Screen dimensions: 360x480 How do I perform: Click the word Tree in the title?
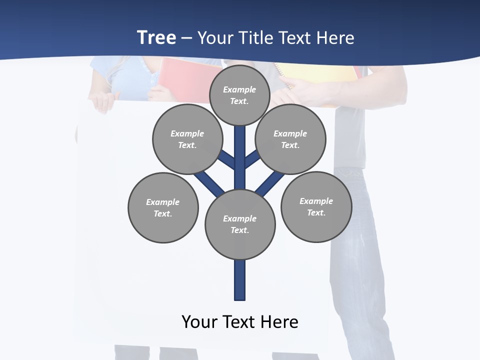pos(156,37)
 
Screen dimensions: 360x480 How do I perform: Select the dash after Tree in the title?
pos(186,38)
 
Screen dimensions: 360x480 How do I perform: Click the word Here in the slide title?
pos(336,38)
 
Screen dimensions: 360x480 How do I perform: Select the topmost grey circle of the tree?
pos(239,95)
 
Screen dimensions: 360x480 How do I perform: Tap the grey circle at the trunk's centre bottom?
pos(240,224)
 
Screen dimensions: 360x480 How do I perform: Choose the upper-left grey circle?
pos(187,139)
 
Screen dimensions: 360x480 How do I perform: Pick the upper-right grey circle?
pos(290,139)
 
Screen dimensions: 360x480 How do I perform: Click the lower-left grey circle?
pos(163,207)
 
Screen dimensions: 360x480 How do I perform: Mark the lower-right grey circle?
pos(316,206)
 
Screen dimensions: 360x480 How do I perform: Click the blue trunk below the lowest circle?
pos(240,280)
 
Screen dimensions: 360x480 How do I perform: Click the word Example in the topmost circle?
pos(239,89)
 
